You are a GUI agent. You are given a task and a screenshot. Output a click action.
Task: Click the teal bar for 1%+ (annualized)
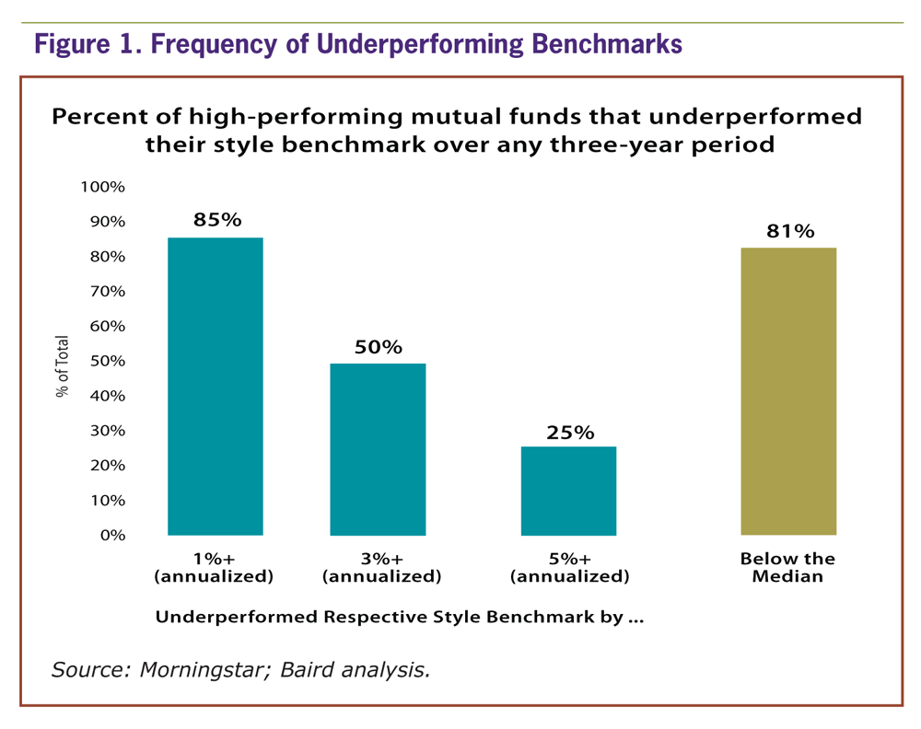point(215,387)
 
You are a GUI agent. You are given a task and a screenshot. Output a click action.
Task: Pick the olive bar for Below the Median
point(788,391)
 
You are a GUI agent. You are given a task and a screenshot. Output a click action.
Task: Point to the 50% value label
point(379,347)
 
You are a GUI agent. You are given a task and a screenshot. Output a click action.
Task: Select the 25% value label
point(569,432)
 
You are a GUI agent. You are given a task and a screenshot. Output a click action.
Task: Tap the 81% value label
point(789,231)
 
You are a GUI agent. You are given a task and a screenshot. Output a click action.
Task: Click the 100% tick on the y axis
point(103,187)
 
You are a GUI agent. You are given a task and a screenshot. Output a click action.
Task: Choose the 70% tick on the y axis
point(107,291)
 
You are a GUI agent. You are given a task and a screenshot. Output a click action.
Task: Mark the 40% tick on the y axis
point(107,396)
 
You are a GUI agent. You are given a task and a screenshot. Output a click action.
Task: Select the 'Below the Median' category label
point(787,568)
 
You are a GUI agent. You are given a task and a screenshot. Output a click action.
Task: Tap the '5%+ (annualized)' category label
point(569,568)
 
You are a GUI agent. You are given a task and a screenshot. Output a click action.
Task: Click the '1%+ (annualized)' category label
point(215,568)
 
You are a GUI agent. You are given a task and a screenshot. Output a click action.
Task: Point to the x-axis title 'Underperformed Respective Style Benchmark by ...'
point(399,617)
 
